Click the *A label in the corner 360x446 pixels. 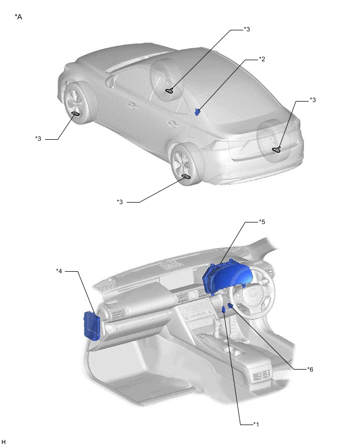pyautogui.click(x=18, y=17)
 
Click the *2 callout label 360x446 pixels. pyautogui.click(x=262, y=59)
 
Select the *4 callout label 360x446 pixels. pyautogui.click(x=59, y=271)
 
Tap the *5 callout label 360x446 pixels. pyautogui.click(x=262, y=221)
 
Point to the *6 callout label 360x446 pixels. pyautogui.click(x=310, y=369)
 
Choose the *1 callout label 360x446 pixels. pyautogui.click(x=256, y=425)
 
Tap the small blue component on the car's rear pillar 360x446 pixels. pyautogui.click(x=197, y=111)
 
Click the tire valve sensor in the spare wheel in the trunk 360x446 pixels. pyautogui.click(x=276, y=149)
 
